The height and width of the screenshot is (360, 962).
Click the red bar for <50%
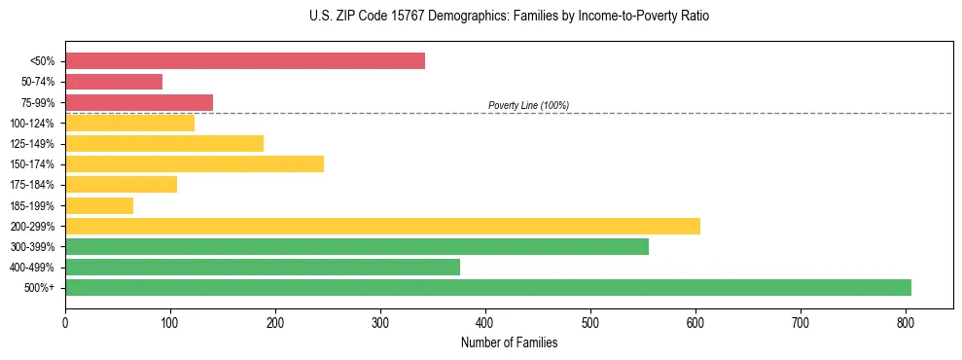click(245, 61)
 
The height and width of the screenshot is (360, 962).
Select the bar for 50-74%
click(114, 82)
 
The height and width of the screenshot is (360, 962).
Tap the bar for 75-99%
click(139, 102)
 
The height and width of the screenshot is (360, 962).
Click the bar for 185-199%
click(99, 205)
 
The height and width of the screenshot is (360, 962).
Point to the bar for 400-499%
click(263, 267)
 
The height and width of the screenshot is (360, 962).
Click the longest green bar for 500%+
click(488, 287)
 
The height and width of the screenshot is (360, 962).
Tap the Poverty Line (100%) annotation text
click(528, 105)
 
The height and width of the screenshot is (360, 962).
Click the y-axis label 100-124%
click(32, 124)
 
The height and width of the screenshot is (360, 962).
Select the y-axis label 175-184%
click(32, 185)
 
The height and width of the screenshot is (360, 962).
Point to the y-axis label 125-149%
click(32, 144)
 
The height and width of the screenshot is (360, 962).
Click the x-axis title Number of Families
click(509, 342)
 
